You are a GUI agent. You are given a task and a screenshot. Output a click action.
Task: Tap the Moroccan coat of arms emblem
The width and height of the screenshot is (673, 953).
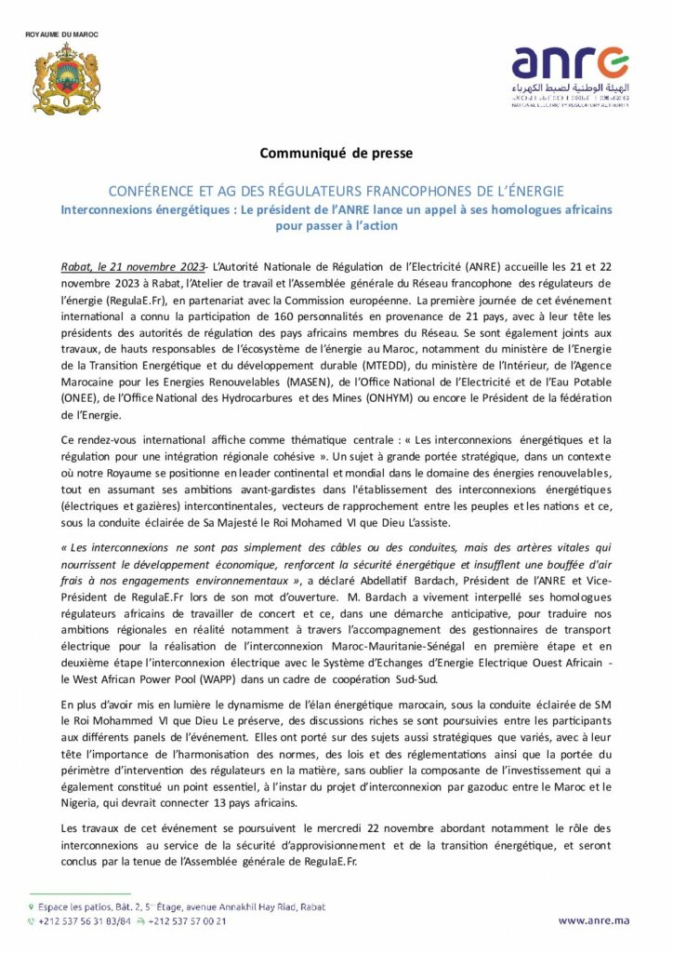click(x=66, y=84)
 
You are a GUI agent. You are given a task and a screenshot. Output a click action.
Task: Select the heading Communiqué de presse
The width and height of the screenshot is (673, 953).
click(x=336, y=151)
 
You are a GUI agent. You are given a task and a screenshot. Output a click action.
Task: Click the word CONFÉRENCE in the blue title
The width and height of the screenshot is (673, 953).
click(x=173, y=190)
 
